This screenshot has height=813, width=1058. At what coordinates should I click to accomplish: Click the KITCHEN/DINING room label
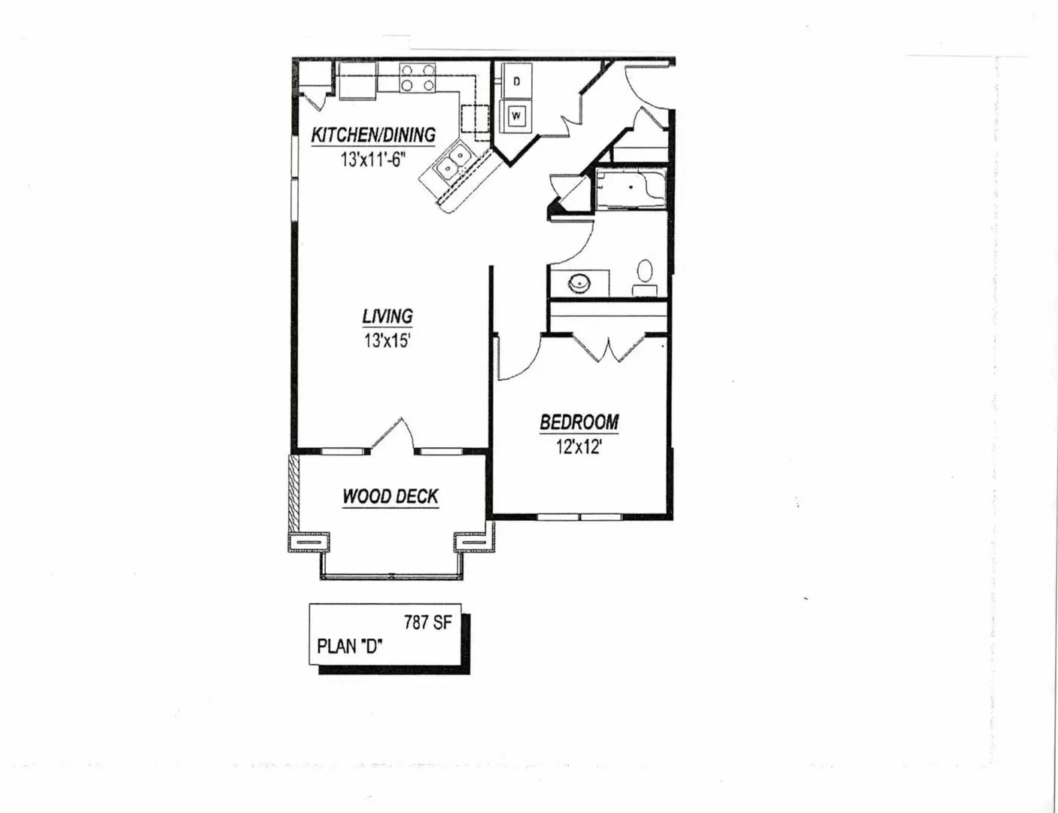click(x=373, y=135)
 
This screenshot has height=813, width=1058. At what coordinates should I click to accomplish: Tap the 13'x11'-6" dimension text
click(x=373, y=159)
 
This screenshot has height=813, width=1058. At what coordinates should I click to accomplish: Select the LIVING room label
click(x=388, y=316)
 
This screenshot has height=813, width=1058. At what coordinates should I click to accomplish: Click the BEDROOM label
click(x=579, y=422)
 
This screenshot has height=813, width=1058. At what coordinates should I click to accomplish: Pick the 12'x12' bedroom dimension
click(x=579, y=446)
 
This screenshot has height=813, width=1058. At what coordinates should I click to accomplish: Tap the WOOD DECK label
click(x=391, y=497)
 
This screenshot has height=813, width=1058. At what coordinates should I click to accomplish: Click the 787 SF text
click(x=428, y=623)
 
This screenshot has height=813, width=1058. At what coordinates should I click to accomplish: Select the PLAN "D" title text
click(x=350, y=647)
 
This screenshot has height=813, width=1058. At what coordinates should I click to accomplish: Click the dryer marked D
click(x=517, y=81)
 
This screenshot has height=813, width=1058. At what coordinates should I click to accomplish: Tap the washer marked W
click(x=517, y=116)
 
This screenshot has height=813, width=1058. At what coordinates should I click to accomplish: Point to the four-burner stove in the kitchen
click(x=418, y=78)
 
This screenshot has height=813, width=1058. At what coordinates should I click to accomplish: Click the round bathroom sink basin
click(x=579, y=283)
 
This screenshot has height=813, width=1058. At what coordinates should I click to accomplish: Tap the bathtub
click(x=631, y=189)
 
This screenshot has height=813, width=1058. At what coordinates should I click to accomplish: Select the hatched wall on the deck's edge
click(x=293, y=494)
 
